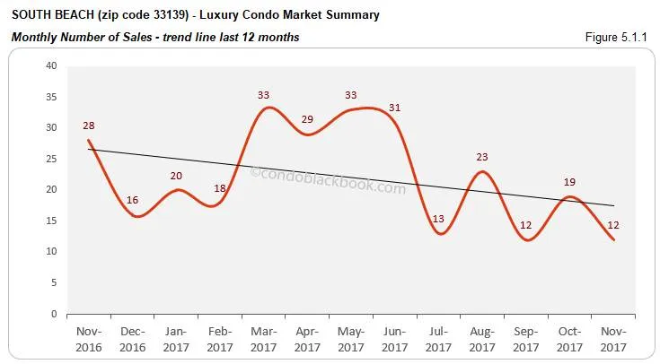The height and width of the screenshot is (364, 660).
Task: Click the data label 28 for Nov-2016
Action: [88, 126]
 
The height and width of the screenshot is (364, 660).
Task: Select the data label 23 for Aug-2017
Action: [481, 158]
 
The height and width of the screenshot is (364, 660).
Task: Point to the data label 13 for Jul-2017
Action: [438, 219]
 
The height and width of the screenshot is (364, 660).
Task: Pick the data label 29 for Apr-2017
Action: [308, 120]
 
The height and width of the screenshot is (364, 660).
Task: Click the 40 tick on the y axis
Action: [50, 65]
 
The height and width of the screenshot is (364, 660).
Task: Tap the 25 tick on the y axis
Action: [50, 159]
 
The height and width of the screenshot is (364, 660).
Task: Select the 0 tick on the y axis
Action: [54, 315]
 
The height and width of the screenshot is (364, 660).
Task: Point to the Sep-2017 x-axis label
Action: [525, 339]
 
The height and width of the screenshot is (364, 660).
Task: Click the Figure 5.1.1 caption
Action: [621, 37]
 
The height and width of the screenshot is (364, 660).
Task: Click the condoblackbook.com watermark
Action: [328, 180]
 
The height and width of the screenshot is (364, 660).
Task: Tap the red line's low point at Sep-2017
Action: [526, 240]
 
